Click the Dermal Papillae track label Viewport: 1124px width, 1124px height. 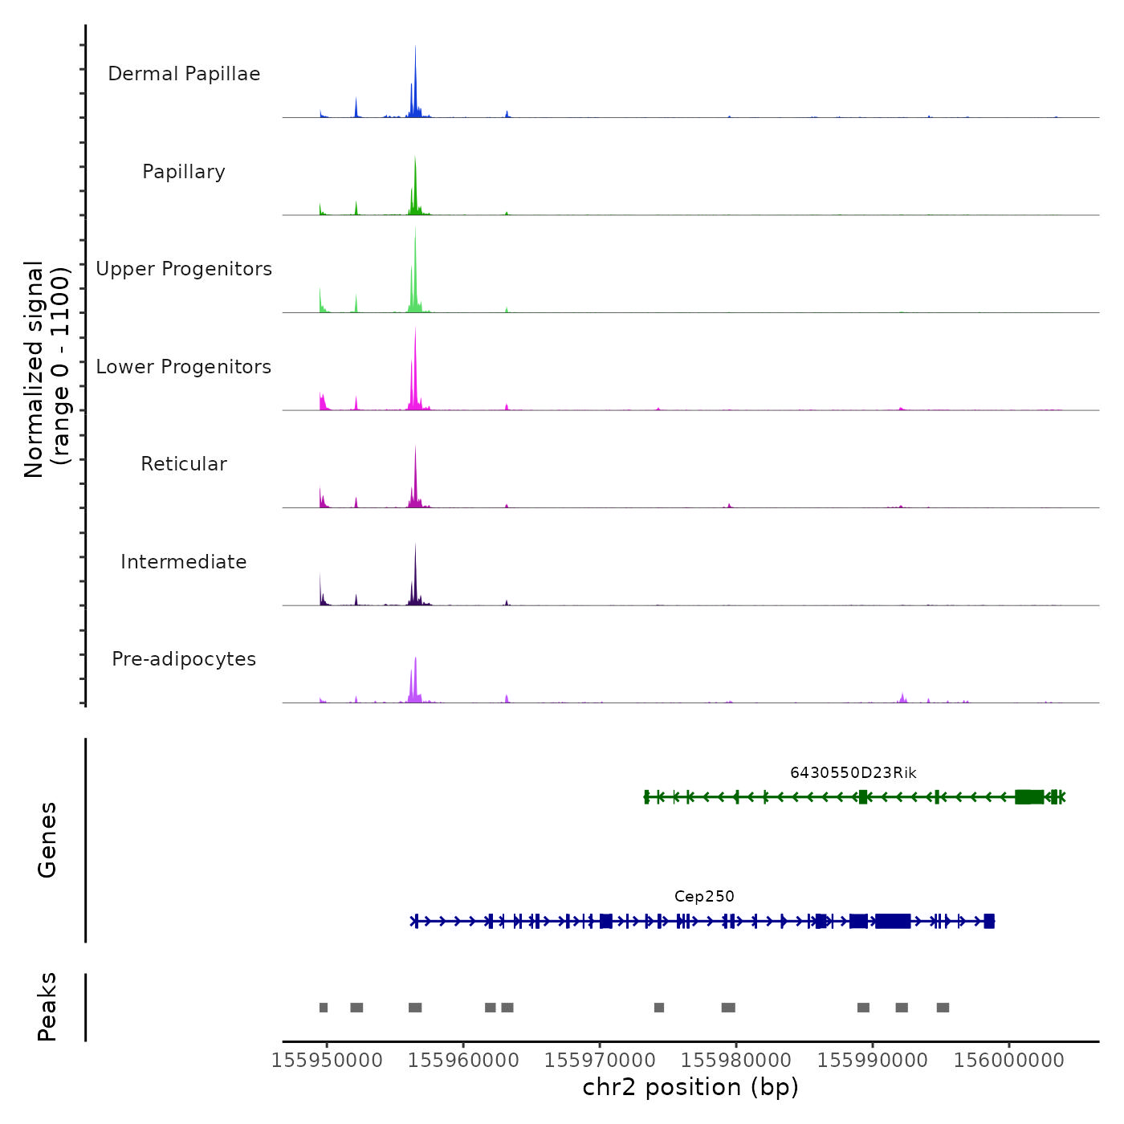(184, 74)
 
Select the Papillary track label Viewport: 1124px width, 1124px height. (184, 172)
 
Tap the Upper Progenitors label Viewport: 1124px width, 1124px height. (184, 269)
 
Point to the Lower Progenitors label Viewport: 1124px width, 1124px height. (184, 367)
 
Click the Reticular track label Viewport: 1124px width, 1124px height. (184, 464)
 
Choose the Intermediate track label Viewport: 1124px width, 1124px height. (184, 562)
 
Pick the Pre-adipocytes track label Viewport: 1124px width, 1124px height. (184, 659)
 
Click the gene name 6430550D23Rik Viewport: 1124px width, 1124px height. (853, 773)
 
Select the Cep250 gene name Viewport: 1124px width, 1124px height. (704, 897)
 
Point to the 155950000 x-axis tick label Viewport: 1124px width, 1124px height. (327, 1060)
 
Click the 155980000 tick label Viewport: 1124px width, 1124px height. (736, 1060)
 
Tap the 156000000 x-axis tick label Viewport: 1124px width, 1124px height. (1009, 1060)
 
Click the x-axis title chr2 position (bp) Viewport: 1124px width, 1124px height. (690, 1088)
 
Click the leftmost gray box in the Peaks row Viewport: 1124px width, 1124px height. (324, 1008)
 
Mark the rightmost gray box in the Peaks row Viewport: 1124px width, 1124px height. (943, 1008)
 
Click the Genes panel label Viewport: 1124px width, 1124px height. (47, 840)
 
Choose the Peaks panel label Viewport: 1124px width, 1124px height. (47, 1007)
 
